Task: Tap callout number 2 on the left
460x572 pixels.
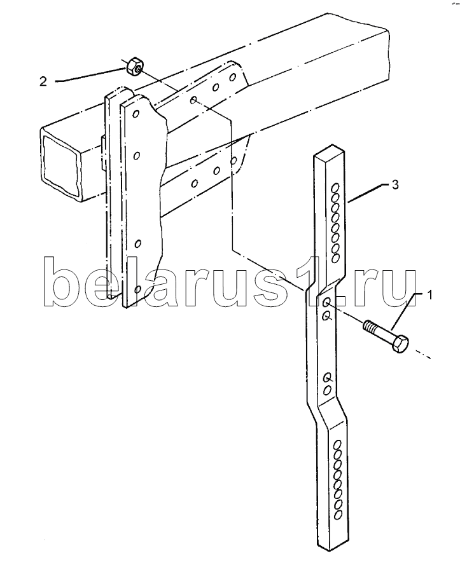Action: coord(42,81)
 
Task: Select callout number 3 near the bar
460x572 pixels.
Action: coord(394,185)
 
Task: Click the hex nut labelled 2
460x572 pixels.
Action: coord(134,65)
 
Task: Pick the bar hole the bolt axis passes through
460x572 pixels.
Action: coord(326,302)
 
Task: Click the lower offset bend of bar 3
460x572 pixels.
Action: coord(331,411)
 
